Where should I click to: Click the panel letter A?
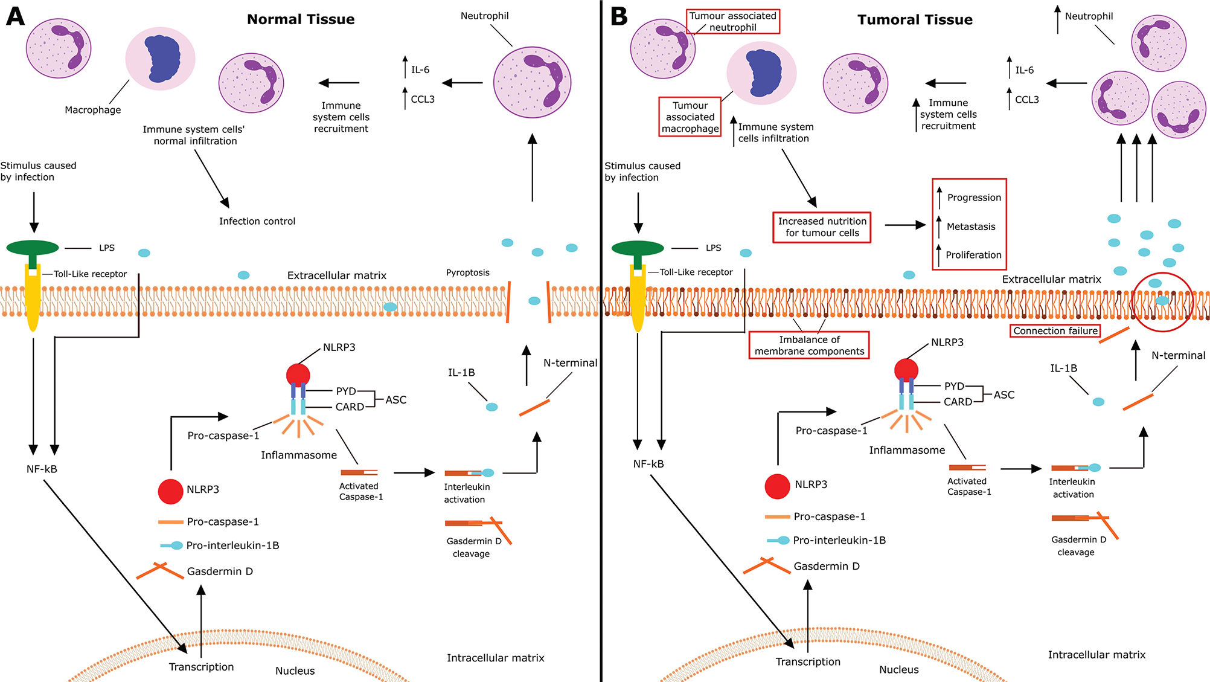(15, 16)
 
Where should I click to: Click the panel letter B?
(619, 16)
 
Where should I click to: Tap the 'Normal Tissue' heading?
(301, 19)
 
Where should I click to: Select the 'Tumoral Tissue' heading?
(915, 20)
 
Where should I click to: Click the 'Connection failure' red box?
(1055, 331)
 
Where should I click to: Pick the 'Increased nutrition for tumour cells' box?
(822, 227)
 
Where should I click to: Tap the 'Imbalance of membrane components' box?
(809, 346)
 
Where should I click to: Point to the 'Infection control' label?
(257, 221)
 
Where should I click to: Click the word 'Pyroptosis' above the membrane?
(467, 272)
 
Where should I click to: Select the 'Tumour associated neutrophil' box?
(732, 22)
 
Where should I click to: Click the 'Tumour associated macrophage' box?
(690, 117)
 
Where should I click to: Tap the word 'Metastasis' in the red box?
(971, 227)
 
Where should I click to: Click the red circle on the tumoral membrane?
(1162, 302)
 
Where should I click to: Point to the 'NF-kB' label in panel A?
(42, 469)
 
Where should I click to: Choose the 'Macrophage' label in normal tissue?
(93, 110)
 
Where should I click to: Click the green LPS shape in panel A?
(33, 248)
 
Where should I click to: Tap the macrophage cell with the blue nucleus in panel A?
(161, 59)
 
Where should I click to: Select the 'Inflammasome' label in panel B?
(907, 450)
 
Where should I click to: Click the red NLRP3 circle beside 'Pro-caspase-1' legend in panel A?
(170, 492)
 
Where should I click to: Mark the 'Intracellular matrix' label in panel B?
(1096, 655)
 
